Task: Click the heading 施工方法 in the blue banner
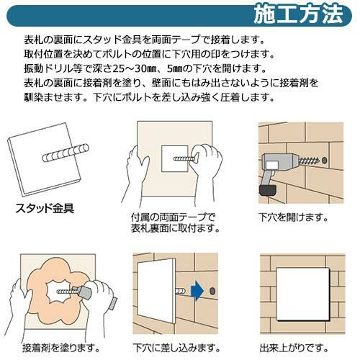[x=298, y=15]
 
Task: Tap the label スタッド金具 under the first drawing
[x=45, y=208]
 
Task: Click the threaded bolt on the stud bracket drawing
[x=66, y=153]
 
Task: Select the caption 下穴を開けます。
[x=293, y=217]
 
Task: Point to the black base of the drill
[x=267, y=189]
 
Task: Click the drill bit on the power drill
[x=310, y=161]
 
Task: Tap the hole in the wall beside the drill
[x=324, y=160]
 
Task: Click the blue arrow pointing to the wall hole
[x=197, y=291]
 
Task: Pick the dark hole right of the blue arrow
[x=212, y=291]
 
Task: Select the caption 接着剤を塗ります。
[x=61, y=348]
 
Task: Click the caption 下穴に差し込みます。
[x=177, y=348]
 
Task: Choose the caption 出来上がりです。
[x=294, y=348]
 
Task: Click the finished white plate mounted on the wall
[x=303, y=294]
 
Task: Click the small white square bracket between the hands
[x=175, y=158]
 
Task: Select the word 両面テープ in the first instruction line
[x=176, y=40]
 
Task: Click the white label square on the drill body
[x=273, y=166]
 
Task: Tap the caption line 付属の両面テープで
[x=174, y=217]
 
